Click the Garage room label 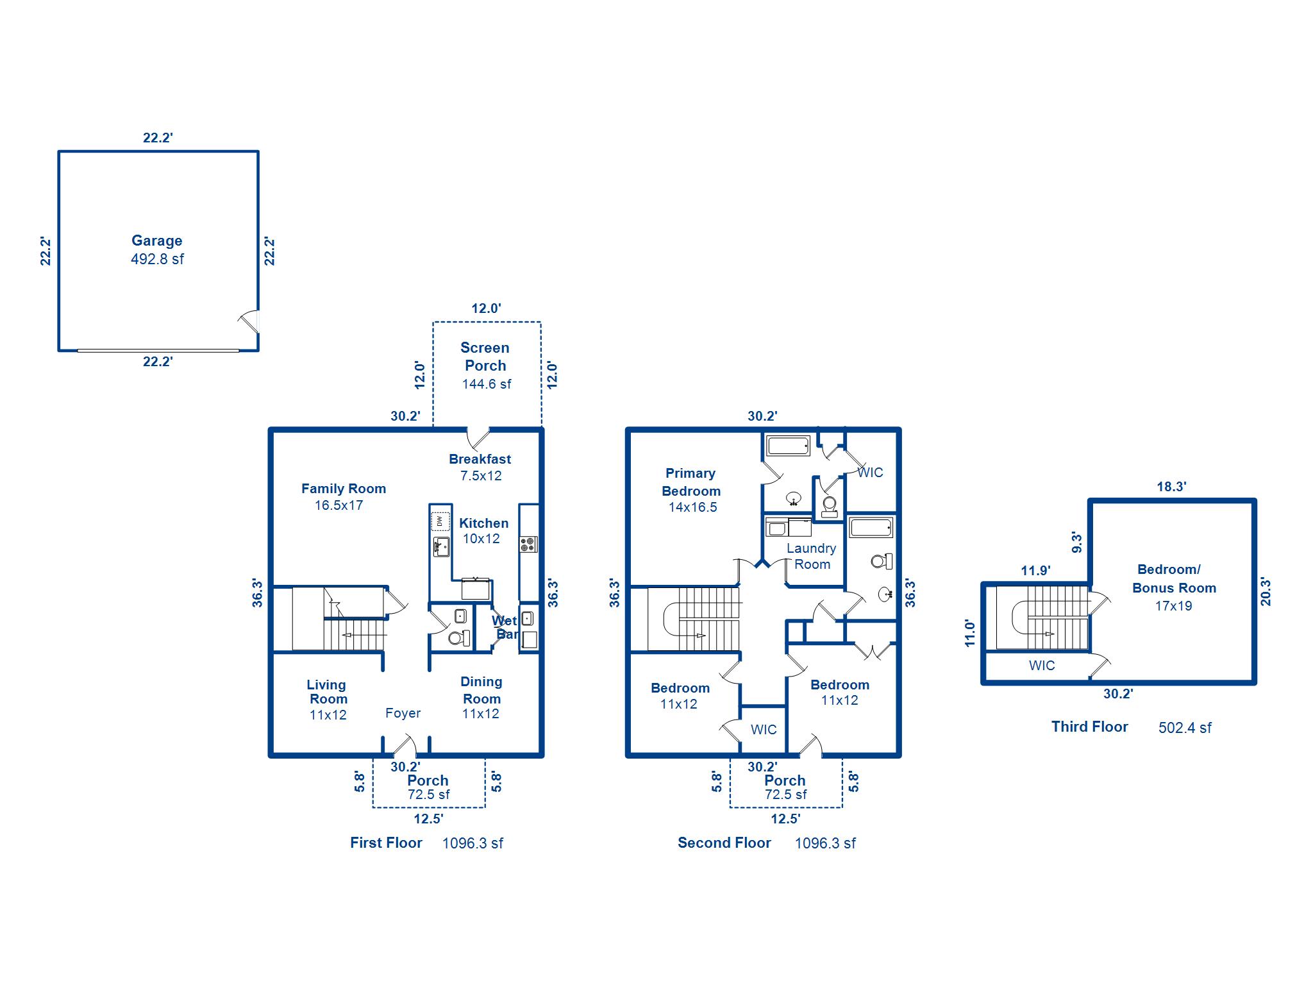click(157, 240)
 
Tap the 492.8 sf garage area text click(157, 259)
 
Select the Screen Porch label click(485, 357)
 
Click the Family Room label click(344, 489)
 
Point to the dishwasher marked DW click(440, 521)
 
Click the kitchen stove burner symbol click(528, 544)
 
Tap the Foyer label click(403, 713)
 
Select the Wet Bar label click(505, 627)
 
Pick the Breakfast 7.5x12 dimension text click(481, 476)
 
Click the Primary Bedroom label click(690, 482)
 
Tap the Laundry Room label click(812, 557)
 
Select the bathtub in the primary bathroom click(789, 446)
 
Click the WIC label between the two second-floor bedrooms click(764, 730)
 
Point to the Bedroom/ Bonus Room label click(1173, 578)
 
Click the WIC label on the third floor click(1042, 666)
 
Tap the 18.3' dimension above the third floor click(1171, 487)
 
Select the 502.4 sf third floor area click(1185, 728)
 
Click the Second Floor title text click(724, 843)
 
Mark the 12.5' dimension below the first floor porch click(428, 819)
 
